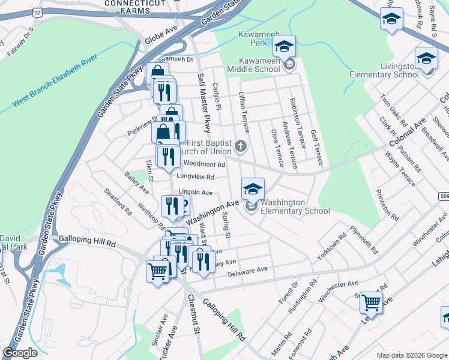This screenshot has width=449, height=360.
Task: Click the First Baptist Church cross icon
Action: click(240, 146)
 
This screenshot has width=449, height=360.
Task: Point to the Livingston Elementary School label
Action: click(384, 70)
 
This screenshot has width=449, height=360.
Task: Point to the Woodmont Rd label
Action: click(204, 164)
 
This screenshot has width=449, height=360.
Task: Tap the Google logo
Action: click(20, 353)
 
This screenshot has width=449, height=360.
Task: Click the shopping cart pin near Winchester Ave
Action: click(371, 303)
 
